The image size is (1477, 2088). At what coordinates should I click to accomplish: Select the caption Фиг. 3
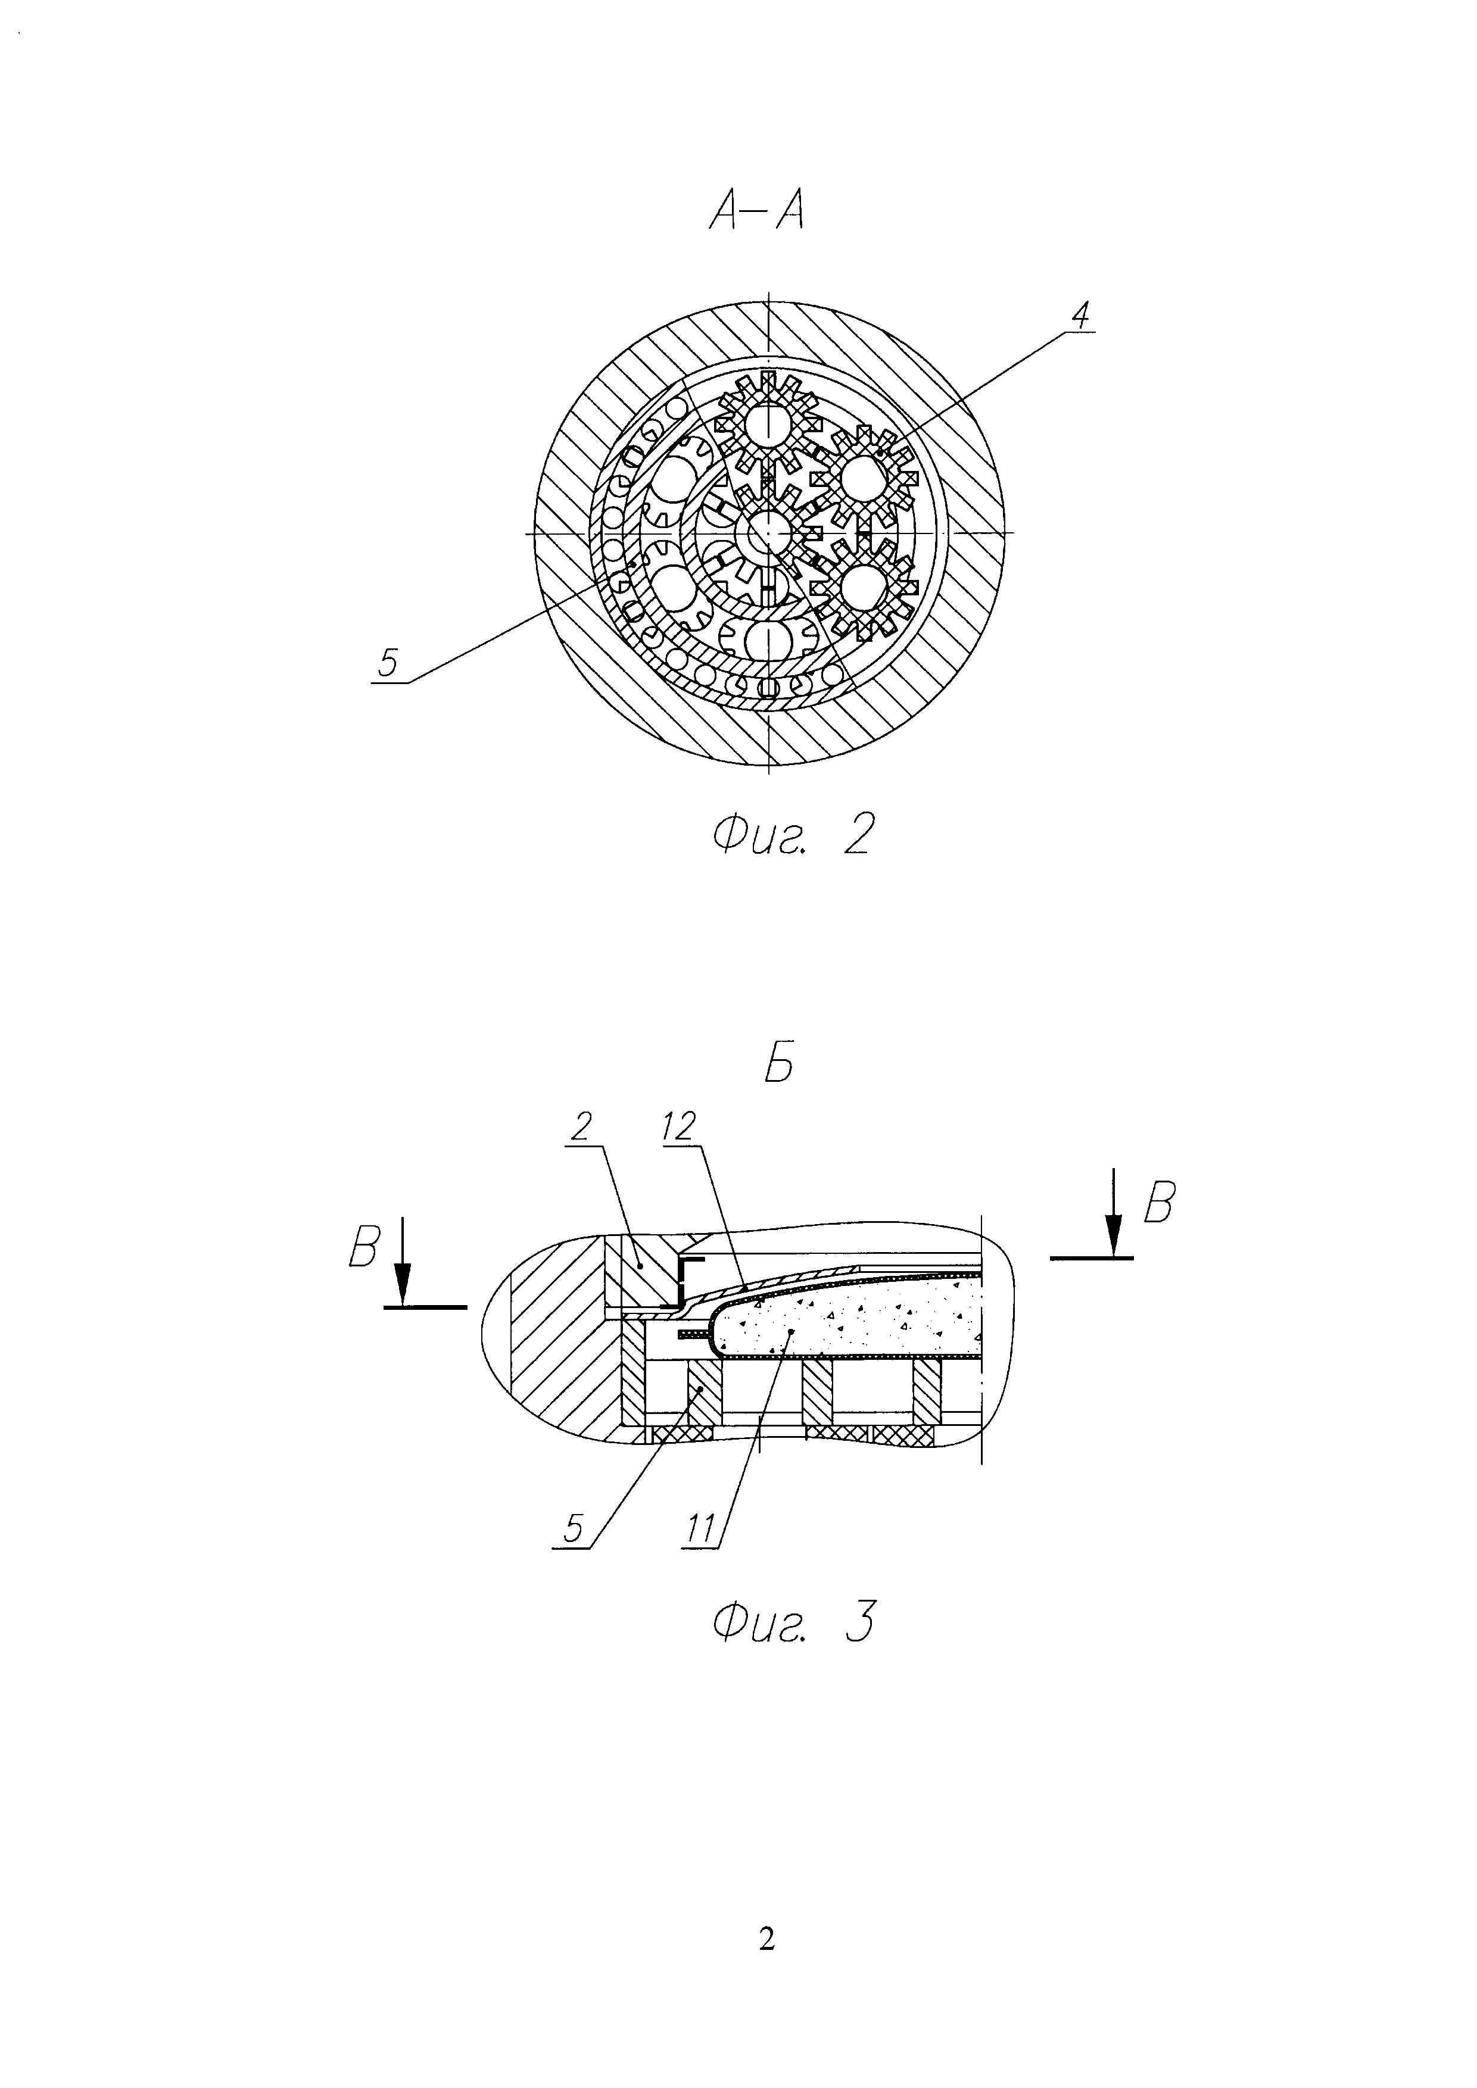click(794, 1622)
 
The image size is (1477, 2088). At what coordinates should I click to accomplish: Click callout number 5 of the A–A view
click(388, 664)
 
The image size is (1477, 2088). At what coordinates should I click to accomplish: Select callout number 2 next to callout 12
click(580, 1126)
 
